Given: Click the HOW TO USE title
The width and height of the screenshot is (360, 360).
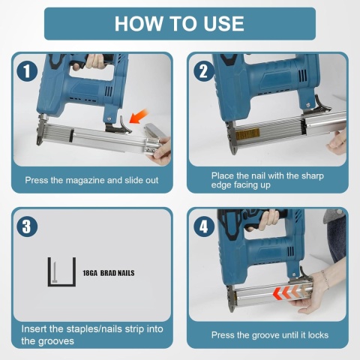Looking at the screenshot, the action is point(179,24).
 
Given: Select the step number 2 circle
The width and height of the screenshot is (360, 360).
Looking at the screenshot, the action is point(204,70).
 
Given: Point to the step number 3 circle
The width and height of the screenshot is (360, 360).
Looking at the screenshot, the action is point(27,226).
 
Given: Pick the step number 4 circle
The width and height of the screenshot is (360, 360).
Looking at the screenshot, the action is point(204,226).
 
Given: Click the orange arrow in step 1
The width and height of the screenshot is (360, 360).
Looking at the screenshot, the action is point(139,116).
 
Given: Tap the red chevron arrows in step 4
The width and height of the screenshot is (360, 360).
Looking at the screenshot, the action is point(291,292).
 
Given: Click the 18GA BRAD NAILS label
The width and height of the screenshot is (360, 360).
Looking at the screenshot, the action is point(109,273).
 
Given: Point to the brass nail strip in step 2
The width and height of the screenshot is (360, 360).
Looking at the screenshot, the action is point(247,133).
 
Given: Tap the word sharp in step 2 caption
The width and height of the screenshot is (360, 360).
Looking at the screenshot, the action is point(313,176).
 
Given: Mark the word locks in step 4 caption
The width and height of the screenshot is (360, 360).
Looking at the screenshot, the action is point(318,335).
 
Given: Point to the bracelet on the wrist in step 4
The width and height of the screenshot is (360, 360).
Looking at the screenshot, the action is point(325,279).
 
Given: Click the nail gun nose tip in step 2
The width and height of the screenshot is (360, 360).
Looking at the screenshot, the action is point(233,151).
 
